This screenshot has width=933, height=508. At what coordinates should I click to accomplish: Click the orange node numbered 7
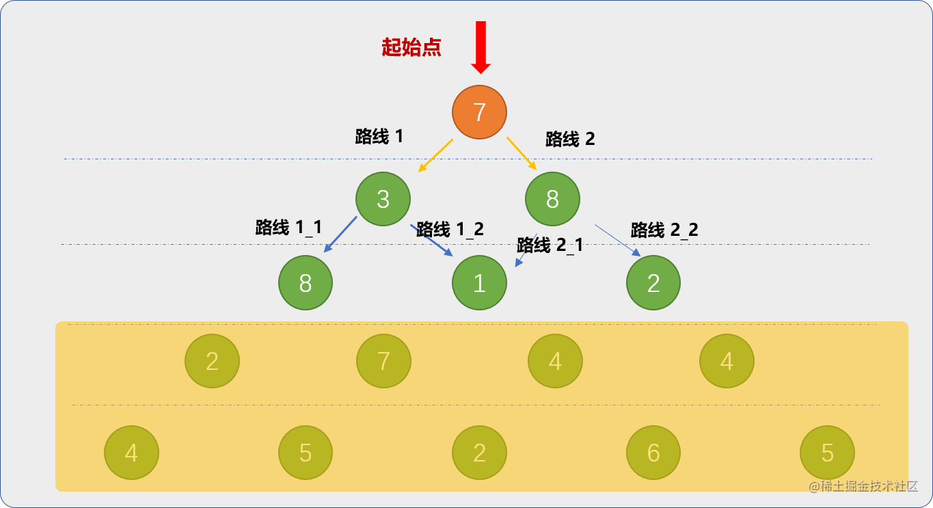tap(479, 112)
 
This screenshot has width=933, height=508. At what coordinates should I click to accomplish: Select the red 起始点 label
tap(411, 47)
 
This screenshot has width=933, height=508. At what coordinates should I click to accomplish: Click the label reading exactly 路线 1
tap(379, 136)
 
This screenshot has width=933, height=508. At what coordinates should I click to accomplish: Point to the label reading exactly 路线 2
tap(570, 139)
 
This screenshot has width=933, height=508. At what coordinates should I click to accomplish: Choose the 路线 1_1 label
tap(288, 227)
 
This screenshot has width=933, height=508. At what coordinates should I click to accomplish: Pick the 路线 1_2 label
tap(450, 228)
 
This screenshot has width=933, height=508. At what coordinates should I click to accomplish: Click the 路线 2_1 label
tap(550, 245)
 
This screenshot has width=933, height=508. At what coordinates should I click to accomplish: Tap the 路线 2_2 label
tap(664, 230)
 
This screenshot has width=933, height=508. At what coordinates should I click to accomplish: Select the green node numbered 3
tap(383, 199)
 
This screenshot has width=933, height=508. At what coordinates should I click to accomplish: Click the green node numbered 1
tap(479, 282)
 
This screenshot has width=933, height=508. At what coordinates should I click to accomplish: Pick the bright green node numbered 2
tap(653, 282)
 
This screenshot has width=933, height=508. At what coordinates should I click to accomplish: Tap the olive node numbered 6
tap(653, 452)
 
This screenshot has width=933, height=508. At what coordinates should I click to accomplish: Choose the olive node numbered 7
tap(383, 361)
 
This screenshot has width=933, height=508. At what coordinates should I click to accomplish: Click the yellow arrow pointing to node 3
tap(435, 155)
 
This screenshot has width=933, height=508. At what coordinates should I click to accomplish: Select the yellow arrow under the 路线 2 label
tap(522, 153)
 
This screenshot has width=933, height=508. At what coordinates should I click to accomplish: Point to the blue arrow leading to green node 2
tap(617, 240)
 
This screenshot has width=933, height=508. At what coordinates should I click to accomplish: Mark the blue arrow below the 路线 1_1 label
tap(340, 234)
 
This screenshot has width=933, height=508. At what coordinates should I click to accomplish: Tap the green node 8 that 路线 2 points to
tap(552, 199)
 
